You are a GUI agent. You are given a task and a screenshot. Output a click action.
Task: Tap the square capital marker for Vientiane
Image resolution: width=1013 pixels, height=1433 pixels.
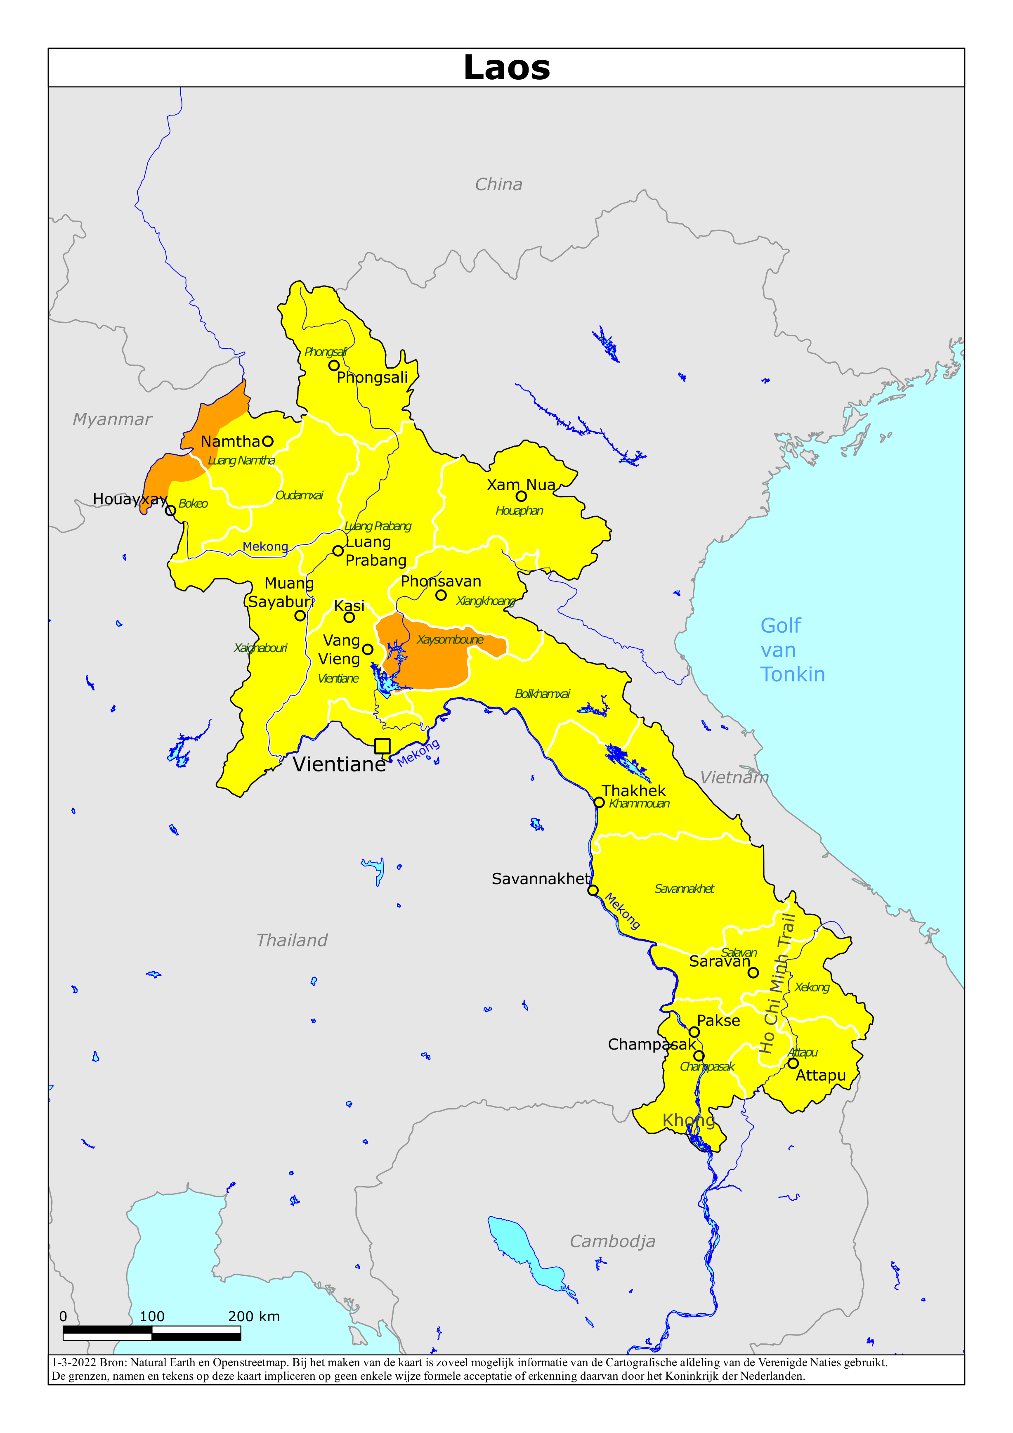[x=382, y=746]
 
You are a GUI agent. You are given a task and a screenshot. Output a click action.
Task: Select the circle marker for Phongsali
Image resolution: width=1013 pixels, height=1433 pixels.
[x=334, y=365]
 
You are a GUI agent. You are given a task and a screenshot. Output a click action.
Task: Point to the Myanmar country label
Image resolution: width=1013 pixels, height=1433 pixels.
[x=112, y=419]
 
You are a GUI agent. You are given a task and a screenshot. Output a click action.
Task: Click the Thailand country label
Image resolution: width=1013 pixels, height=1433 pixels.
[x=291, y=940]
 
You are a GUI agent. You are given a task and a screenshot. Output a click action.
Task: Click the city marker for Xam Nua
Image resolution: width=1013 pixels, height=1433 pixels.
[x=521, y=496]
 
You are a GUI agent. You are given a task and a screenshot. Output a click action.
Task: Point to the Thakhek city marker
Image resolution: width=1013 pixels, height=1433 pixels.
[x=599, y=803]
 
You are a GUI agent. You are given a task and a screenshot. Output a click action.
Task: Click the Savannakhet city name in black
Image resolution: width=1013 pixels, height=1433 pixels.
[x=541, y=879]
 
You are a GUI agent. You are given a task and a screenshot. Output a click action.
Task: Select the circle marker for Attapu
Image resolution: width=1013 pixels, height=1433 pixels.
[x=793, y=1063]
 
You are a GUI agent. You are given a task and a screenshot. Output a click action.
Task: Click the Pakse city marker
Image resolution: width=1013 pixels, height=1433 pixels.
[x=694, y=1032]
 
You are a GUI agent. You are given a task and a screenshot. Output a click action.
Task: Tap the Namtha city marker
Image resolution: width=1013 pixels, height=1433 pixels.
[x=268, y=441]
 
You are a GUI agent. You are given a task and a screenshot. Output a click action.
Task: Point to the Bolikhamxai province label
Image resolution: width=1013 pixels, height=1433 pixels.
[x=542, y=694]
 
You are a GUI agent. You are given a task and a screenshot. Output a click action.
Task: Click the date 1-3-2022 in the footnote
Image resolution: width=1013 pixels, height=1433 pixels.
[x=73, y=1362]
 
